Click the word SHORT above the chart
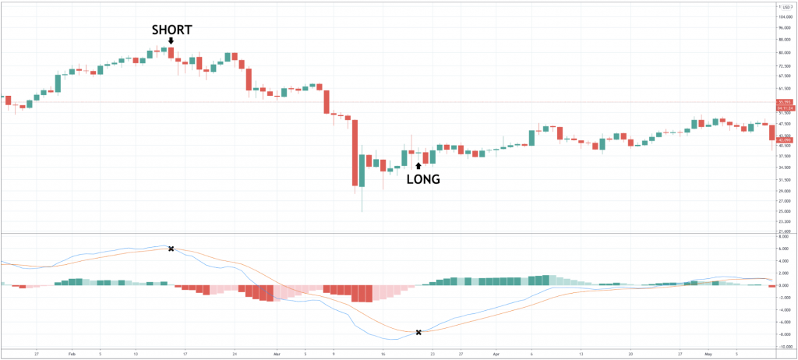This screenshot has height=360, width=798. pyautogui.click(x=171, y=30)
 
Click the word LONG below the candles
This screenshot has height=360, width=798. pyautogui.click(x=424, y=179)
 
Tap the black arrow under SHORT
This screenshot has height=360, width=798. pyautogui.click(x=171, y=41)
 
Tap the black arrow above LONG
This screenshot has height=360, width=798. pyautogui.click(x=418, y=165)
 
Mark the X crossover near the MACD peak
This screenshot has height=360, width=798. pyautogui.click(x=171, y=249)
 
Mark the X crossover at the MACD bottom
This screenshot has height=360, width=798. pyautogui.click(x=419, y=333)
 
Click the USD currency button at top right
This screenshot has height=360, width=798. pyautogui.click(x=782, y=6)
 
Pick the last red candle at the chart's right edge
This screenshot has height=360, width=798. pyautogui.click(x=772, y=132)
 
